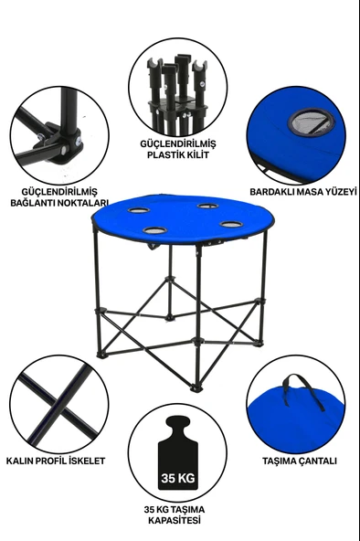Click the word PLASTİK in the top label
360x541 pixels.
(x=164, y=155)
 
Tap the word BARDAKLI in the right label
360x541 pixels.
(x=273, y=193)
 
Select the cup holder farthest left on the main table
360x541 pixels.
(x=139, y=212)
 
